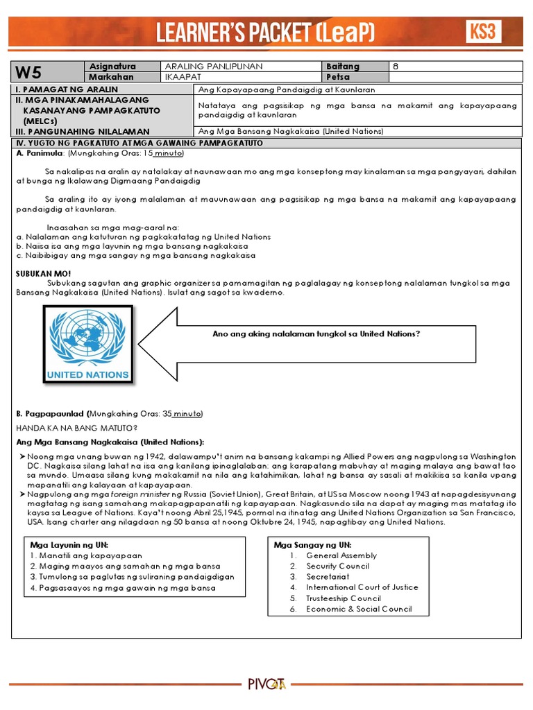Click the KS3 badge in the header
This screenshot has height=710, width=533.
click(x=484, y=31)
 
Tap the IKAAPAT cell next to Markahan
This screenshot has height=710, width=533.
click(x=181, y=77)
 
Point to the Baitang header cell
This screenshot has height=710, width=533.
click(x=343, y=67)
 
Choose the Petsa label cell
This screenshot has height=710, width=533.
click(x=337, y=77)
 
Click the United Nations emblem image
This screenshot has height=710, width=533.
click(x=87, y=345)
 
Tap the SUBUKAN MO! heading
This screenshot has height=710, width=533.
click(x=44, y=274)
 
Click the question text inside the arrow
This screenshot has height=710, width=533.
click(x=316, y=334)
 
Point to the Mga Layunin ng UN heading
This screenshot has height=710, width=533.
click(x=69, y=545)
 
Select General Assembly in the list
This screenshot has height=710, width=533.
click(x=341, y=555)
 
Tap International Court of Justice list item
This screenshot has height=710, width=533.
click(x=362, y=587)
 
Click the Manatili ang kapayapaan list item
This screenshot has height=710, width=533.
click(x=86, y=555)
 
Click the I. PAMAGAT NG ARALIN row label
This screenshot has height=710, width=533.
click(x=67, y=89)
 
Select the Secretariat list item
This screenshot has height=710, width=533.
click(x=328, y=577)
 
